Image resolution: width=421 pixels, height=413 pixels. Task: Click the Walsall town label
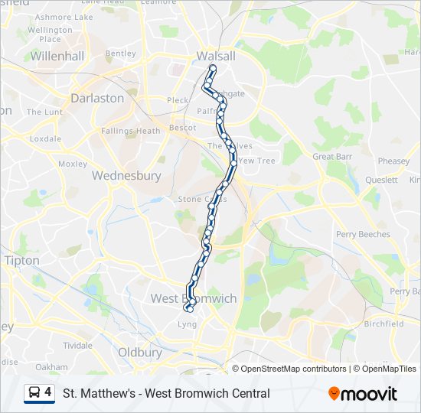[x=216, y=56]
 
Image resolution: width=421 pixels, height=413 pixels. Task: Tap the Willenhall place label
[x=56, y=56]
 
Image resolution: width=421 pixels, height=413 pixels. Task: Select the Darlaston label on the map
[x=96, y=98]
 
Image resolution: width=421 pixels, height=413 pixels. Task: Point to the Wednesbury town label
[x=126, y=175]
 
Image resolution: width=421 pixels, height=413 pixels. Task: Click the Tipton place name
[x=21, y=261]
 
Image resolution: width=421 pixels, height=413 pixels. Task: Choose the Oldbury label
[x=140, y=353]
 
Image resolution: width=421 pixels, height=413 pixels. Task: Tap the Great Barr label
[x=332, y=156]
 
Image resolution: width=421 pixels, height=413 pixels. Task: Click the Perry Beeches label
[x=363, y=234]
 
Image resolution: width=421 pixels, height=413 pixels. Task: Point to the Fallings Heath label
[x=131, y=131]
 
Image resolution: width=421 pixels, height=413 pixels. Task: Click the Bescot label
[x=182, y=128]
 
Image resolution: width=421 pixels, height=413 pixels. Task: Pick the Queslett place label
[x=381, y=180]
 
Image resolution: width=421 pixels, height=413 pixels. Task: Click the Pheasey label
[x=393, y=161]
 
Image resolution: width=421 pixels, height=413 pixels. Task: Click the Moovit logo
[x=363, y=394]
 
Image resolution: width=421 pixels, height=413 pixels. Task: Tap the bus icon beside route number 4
[x=34, y=393]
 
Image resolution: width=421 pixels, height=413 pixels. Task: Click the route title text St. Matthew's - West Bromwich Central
[x=166, y=394]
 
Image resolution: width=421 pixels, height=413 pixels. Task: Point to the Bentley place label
[x=120, y=54]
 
